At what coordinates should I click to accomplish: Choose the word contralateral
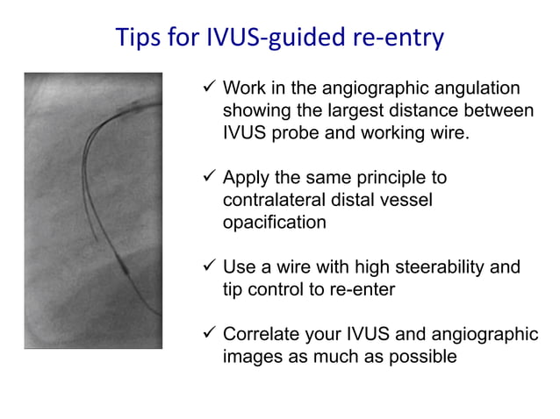point(274,201)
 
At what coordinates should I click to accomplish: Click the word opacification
point(274,223)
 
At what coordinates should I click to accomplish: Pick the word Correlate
point(263,334)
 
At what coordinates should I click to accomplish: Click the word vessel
point(406,201)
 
